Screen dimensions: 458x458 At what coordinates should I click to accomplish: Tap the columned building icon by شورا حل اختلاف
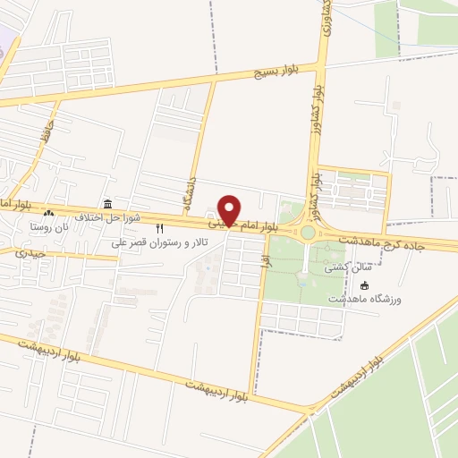click(x=107, y=204)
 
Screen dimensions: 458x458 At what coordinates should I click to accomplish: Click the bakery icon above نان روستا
click(x=48, y=215)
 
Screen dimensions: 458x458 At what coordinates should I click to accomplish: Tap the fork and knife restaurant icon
click(x=160, y=229)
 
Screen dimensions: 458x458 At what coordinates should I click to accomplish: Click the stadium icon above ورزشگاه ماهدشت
click(x=364, y=284)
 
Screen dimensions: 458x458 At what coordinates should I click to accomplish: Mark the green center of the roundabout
click(x=308, y=233)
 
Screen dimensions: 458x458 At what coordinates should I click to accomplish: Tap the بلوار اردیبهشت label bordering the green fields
click(x=369, y=370)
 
